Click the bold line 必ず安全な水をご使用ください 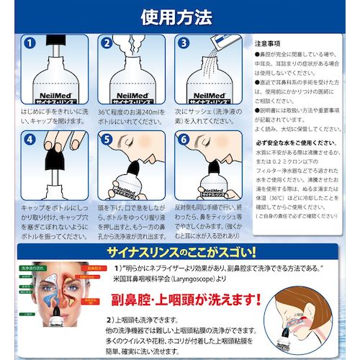301,143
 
